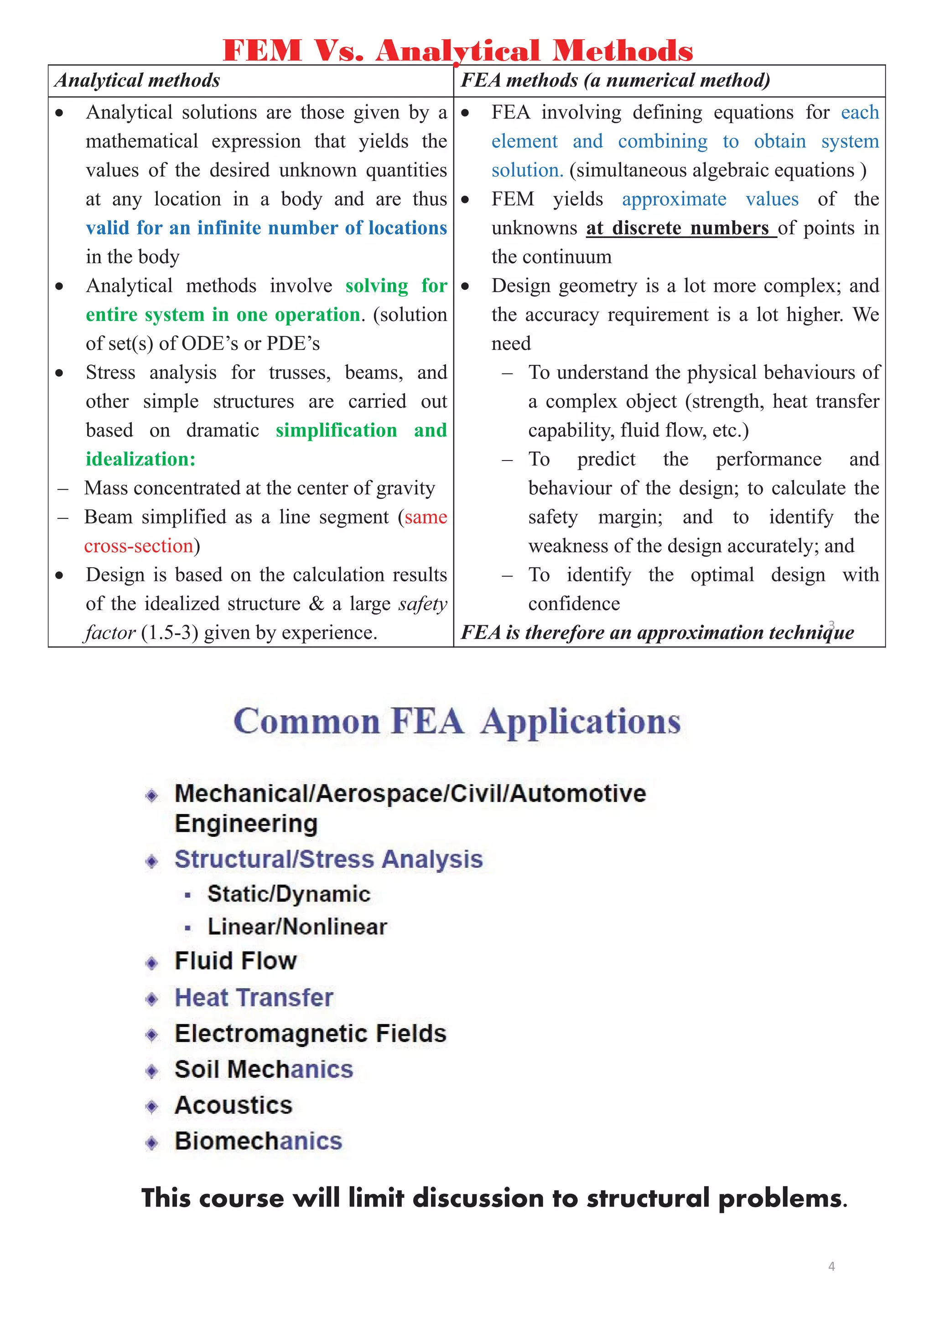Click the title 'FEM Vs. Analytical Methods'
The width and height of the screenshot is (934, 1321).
[x=457, y=50]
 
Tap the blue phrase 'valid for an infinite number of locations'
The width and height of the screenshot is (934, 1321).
[x=266, y=228]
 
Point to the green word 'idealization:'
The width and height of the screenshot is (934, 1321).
[x=141, y=459]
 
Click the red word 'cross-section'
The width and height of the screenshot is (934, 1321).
[x=139, y=546]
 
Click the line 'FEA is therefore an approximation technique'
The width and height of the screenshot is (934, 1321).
[x=657, y=633]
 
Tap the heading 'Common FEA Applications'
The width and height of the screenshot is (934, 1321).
[x=457, y=721]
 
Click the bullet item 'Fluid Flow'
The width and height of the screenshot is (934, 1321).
[x=235, y=961]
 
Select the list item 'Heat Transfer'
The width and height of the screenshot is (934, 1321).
[x=254, y=998]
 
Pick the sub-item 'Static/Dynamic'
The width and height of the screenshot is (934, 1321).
[x=289, y=894]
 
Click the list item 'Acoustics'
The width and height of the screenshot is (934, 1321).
[x=233, y=1105]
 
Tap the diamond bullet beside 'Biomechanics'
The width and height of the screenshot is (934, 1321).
[x=152, y=1143]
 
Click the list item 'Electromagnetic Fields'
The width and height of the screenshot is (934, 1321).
[x=311, y=1034]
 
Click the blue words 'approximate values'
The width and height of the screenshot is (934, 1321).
[x=710, y=200]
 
